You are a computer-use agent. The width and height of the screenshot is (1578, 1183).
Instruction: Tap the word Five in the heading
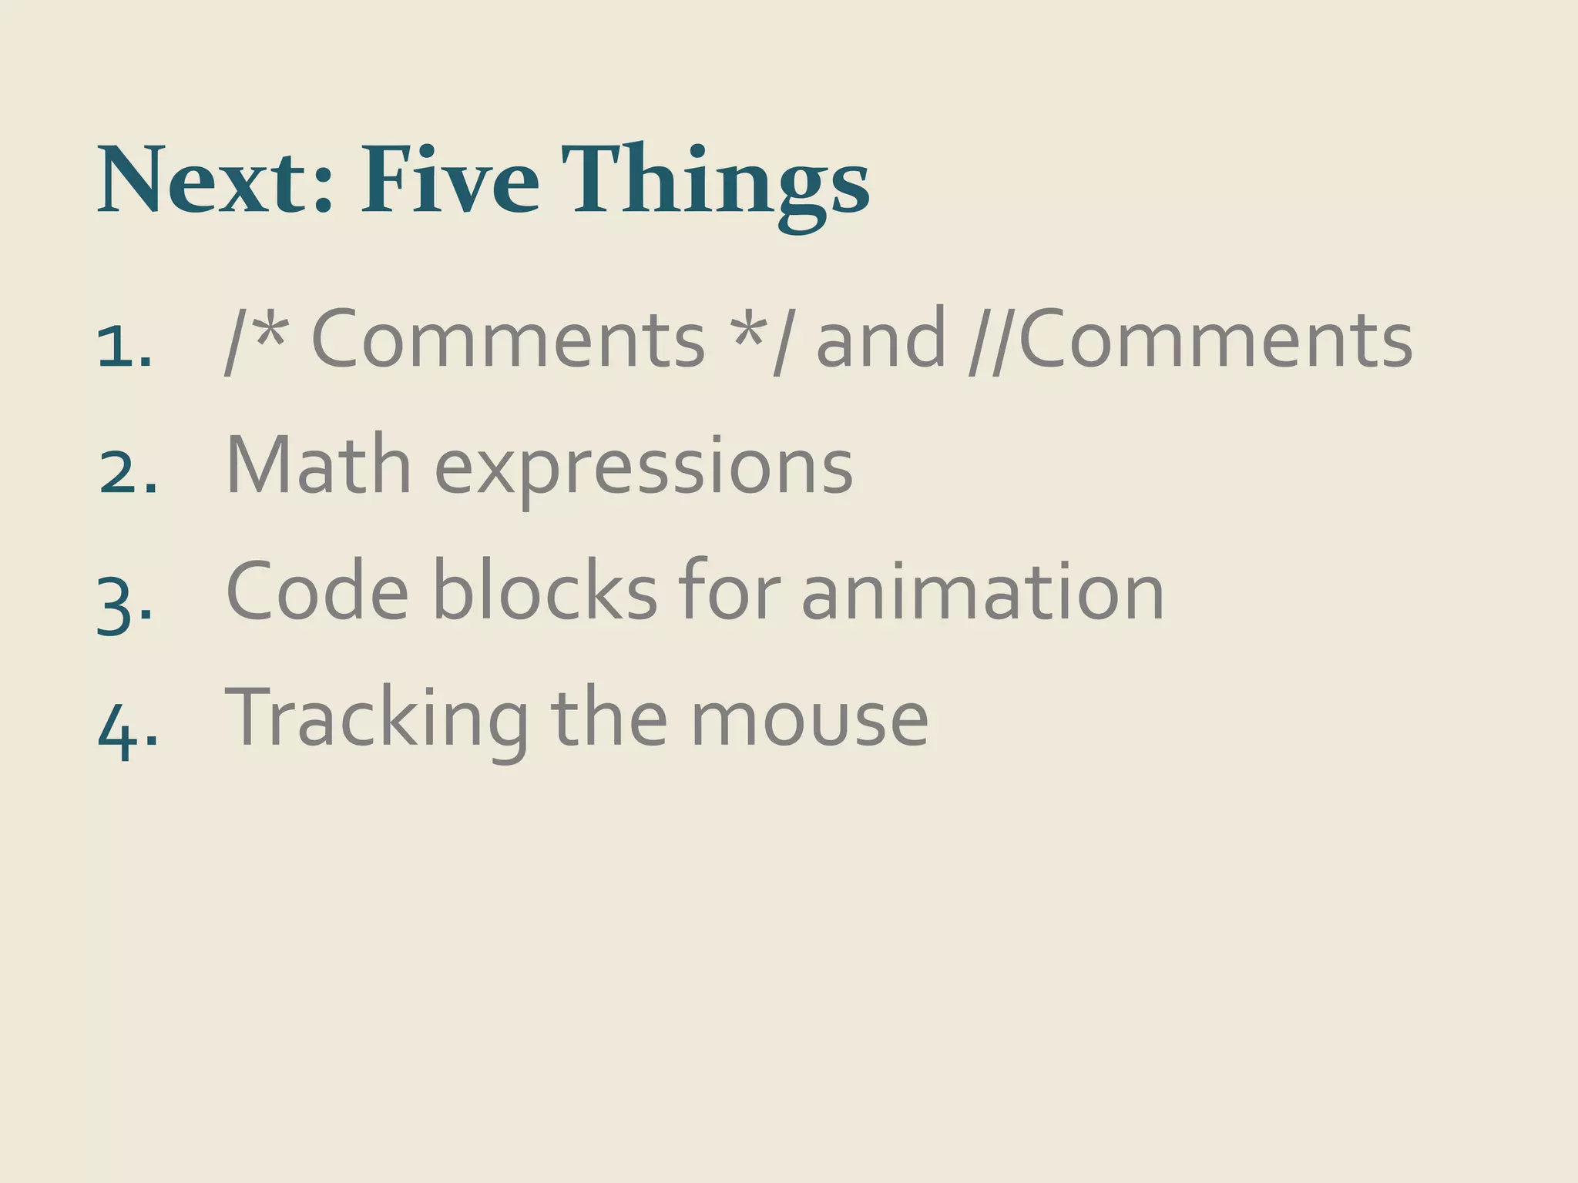[450, 180]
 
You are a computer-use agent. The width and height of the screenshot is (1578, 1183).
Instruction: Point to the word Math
[318, 464]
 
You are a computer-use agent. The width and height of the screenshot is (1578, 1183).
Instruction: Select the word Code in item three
[317, 591]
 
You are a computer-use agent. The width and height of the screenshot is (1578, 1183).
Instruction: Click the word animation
[982, 591]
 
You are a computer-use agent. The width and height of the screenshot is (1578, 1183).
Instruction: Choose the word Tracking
[377, 719]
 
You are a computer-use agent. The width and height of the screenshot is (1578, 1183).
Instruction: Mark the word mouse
[809, 719]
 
